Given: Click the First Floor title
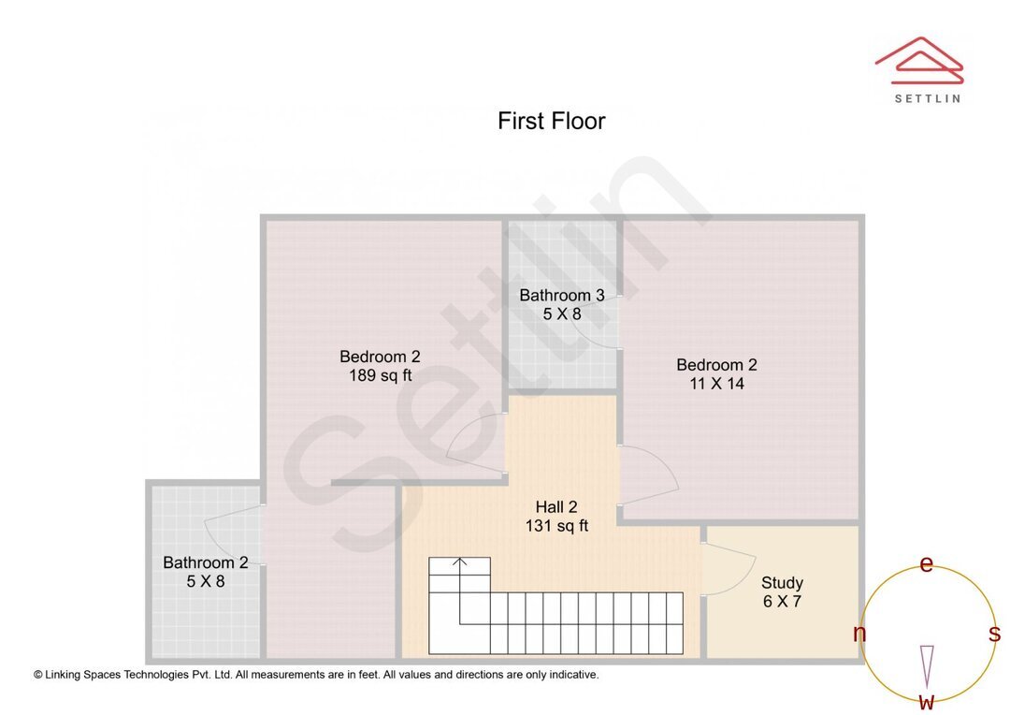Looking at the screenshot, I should pyautogui.click(x=551, y=121).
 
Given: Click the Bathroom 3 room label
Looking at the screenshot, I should pyautogui.click(x=562, y=295).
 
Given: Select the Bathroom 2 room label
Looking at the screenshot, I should pyautogui.click(x=206, y=562).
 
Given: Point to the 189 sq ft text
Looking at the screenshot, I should pyautogui.click(x=380, y=376).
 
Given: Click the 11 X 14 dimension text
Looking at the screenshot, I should pyautogui.click(x=716, y=384).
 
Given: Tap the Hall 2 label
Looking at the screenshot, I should pyautogui.click(x=556, y=506).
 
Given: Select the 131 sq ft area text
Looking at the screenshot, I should pyautogui.click(x=556, y=526).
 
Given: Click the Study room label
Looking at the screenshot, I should pyautogui.click(x=782, y=582).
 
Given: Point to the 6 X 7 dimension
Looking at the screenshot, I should pyautogui.click(x=782, y=602).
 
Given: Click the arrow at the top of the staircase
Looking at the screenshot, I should pyautogui.click(x=460, y=563).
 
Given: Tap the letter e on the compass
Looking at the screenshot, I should pyautogui.click(x=927, y=564).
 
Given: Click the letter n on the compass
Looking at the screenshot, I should pyautogui.click(x=859, y=634).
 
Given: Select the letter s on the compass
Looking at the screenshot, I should pyautogui.click(x=994, y=634).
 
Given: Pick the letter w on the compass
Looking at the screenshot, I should pyautogui.click(x=927, y=701).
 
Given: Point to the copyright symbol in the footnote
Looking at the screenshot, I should pyautogui.click(x=38, y=674).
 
